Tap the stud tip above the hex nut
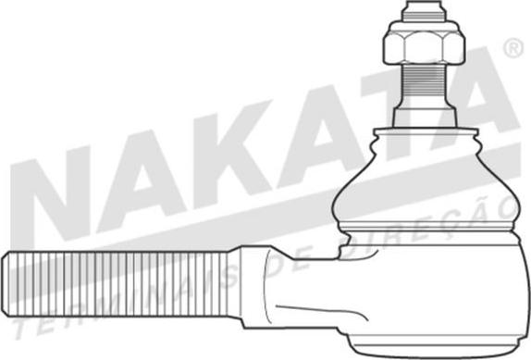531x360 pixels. click(424, 10)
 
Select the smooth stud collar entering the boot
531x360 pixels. click(424, 114)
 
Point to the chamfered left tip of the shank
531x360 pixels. click(5, 284)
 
